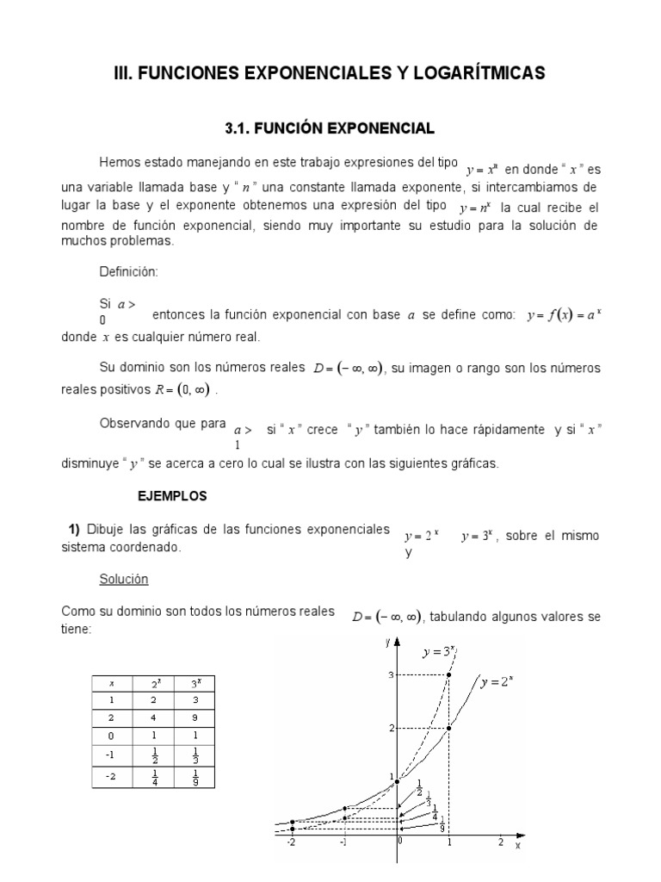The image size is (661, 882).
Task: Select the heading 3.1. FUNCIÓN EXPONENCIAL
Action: coord(330,128)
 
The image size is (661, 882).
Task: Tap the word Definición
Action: coord(129,271)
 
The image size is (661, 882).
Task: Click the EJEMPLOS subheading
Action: coord(172,496)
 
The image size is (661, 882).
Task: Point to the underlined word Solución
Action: coord(124,579)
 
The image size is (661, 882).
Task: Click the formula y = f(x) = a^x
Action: coord(563,315)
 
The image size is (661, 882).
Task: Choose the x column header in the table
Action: coord(112,683)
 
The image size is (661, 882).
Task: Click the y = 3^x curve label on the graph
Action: coord(439,652)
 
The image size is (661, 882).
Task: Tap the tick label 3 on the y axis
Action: coord(390,674)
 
